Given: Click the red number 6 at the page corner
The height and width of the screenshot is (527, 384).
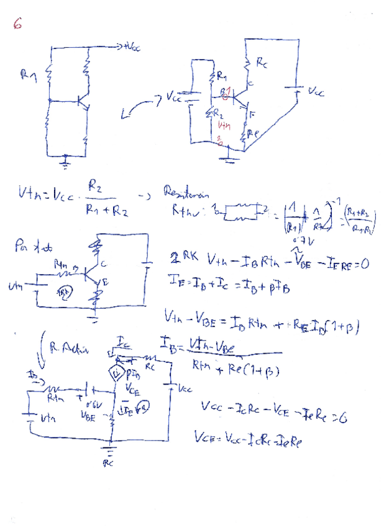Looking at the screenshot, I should [17, 24].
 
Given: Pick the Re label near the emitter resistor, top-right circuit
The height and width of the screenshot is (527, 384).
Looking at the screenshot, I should [251, 132].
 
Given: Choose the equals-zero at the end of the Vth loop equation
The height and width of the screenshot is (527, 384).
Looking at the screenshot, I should [363, 263].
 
